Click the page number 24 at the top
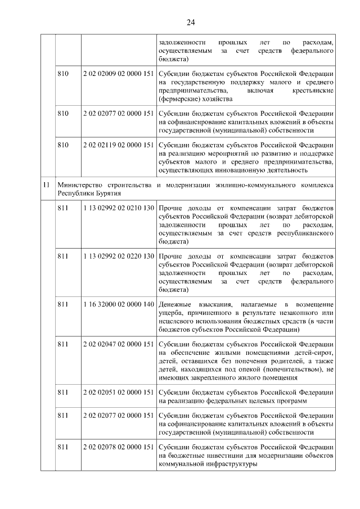[x=190, y=22]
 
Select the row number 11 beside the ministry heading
[x=47, y=184]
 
